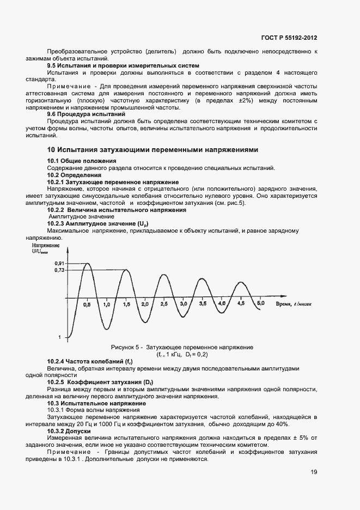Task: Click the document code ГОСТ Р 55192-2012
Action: tap(289, 38)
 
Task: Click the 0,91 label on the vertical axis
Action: tap(59, 263)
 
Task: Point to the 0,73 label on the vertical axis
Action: tap(59, 270)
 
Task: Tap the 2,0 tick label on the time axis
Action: tap(144, 303)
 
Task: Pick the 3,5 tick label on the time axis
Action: tap(203, 302)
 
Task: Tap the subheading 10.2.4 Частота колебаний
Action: tap(90, 361)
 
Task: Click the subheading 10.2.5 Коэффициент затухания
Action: tap(98, 382)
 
